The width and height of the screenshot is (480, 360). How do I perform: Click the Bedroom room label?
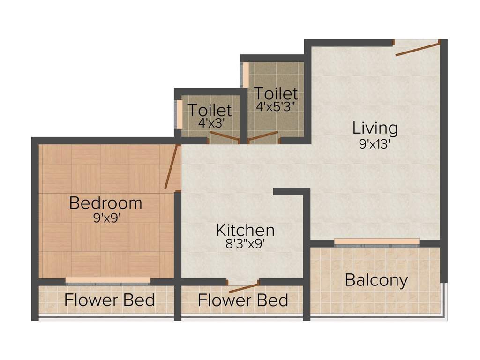(105, 203)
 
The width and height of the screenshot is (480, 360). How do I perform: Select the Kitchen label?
(245, 230)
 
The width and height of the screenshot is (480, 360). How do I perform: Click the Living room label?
(375, 127)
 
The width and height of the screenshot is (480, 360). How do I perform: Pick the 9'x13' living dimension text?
(375, 143)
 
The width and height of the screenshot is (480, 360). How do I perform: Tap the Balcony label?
(376, 280)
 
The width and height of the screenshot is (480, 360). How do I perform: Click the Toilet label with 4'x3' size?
(210, 110)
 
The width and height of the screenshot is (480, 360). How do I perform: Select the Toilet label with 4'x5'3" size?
(276, 93)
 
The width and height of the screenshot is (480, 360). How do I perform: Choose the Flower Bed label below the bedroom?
(109, 300)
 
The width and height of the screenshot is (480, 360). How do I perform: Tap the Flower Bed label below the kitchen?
(243, 300)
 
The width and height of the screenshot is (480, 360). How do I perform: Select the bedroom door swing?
(171, 167)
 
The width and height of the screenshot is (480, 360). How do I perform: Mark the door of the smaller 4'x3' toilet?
(225, 137)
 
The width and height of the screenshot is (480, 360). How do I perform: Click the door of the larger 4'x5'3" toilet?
(263, 136)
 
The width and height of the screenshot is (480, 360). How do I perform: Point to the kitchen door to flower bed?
(243, 287)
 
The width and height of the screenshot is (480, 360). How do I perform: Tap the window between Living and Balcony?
(376, 242)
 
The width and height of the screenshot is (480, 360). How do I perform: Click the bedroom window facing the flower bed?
(108, 280)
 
